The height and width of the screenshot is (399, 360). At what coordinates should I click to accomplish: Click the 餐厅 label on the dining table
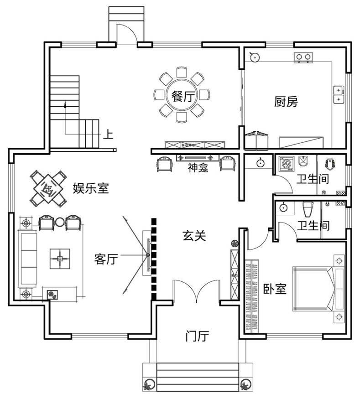coord(183,96)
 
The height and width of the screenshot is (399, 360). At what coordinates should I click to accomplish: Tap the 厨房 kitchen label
coord(286,101)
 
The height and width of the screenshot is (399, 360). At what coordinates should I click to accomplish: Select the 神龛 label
coord(198,167)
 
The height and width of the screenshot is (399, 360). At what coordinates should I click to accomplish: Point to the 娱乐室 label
coord(91,188)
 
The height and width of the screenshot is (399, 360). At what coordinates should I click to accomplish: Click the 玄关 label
coord(194,235)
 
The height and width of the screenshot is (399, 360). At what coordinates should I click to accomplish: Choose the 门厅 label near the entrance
coord(197,336)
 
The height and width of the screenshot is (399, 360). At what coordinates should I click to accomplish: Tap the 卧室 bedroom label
coord(275,289)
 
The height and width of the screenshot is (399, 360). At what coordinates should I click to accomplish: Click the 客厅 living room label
coord(106,259)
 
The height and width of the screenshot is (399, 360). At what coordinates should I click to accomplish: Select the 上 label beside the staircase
coord(108,134)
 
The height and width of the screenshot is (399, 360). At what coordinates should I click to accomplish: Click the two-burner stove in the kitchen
coord(303,57)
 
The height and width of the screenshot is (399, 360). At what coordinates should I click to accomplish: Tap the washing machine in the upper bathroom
coord(287,164)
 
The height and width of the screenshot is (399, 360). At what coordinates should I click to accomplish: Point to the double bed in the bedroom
coord(313,289)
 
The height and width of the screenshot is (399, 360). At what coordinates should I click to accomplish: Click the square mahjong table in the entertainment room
coord(48,189)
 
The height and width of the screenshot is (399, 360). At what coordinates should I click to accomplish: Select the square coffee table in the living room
coord(60,259)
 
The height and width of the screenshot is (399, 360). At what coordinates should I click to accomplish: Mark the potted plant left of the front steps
coord(148,384)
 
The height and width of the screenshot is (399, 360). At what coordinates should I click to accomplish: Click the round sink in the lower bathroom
coord(283,207)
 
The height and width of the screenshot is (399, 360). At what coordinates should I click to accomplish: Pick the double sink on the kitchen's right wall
coord(339,95)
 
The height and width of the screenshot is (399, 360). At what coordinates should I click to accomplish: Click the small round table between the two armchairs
coord(60,222)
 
